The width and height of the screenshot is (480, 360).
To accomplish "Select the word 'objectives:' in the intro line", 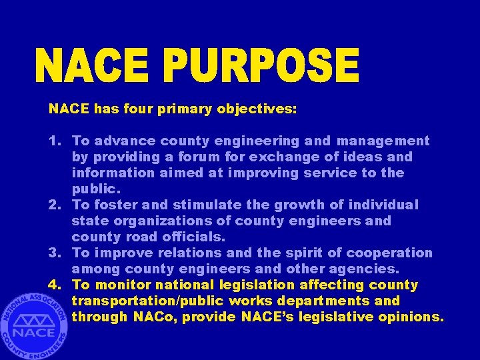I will [257, 109].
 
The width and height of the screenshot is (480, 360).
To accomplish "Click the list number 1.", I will [53, 141].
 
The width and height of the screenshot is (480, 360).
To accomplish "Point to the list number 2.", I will [53, 205].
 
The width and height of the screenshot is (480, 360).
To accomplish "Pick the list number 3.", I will [53, 253].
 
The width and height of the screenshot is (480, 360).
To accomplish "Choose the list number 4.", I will [53, 285].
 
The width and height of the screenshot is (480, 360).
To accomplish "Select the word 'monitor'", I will [121, 285].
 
